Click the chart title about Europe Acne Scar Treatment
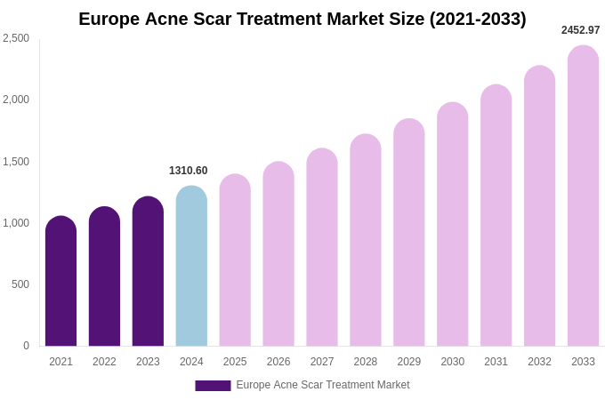(302, 19)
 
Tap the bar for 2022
(104, 276)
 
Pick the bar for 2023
(148, 271)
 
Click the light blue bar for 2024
(191, 266)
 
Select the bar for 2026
(278, 254)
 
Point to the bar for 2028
(366, 240)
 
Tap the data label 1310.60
(188, 171)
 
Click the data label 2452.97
(580, 30)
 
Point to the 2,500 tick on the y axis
(16, 38)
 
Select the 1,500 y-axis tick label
(16, 162)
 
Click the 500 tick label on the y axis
(20, 284)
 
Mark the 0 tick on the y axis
(26, 346)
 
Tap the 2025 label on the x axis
(235, 362)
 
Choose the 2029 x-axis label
(409, 362)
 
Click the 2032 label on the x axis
(539, 362)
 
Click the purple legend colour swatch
(213, 386)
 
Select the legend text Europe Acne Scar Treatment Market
(323, 385)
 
